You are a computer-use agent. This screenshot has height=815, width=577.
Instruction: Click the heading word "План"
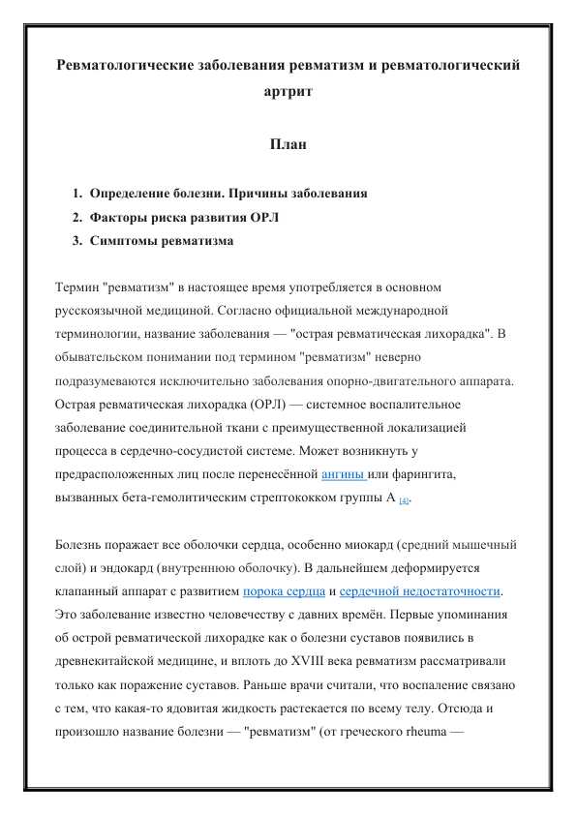point(288,145)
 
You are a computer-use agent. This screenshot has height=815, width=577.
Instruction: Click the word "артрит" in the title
point(288,92)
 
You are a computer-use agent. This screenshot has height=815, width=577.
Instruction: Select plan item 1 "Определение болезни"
point(228,194)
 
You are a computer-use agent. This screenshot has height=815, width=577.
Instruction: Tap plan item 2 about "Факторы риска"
point(183,217)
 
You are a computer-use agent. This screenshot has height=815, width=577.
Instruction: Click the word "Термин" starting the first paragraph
point(77,287)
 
